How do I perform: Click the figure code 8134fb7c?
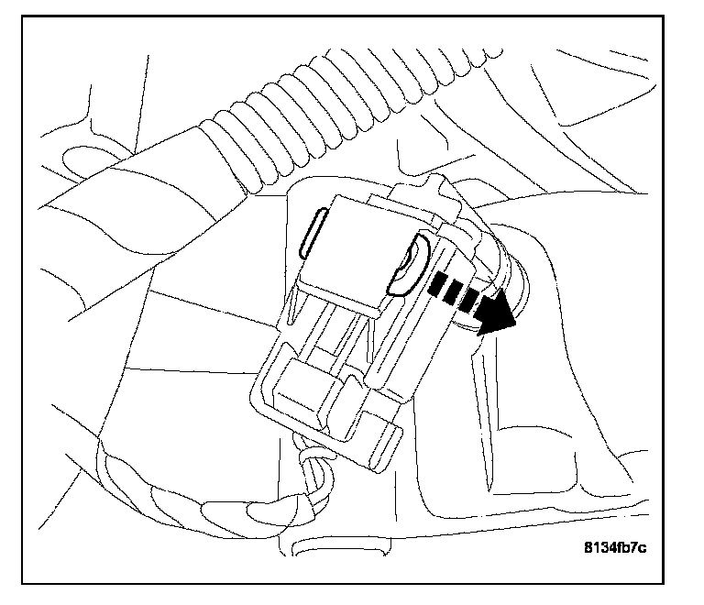615,548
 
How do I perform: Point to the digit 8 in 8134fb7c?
588,548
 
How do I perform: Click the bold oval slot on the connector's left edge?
311,233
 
